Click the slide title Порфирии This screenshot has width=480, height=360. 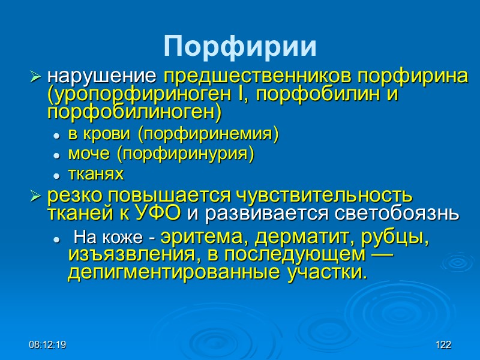click(240, 46)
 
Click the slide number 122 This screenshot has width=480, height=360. click(443, 346)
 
